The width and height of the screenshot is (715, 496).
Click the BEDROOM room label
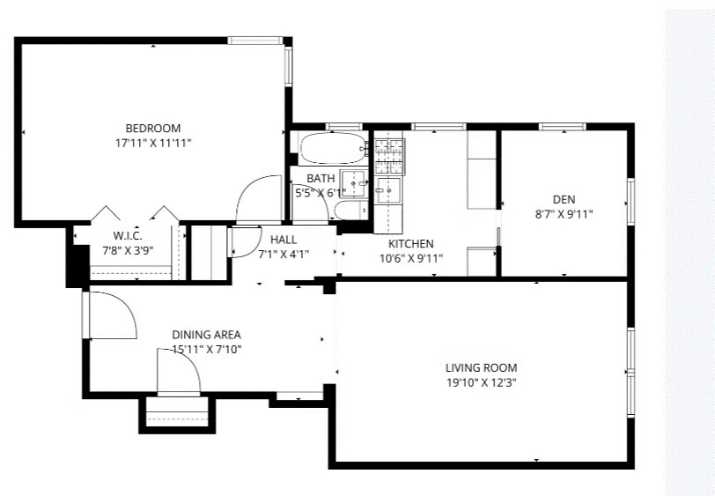[x=152, y=127]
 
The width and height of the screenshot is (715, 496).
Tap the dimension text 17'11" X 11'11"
[x=152, y=142]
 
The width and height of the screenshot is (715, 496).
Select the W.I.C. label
[x=128, y=235]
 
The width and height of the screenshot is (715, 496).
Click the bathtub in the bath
[x=331, y=150]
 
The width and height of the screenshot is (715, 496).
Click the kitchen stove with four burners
[x=388, y=155]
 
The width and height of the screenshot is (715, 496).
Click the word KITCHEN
[x=410, y=244]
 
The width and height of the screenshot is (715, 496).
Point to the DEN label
[x=564, y=199]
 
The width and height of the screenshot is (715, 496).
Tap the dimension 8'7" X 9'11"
[x=564, y=213]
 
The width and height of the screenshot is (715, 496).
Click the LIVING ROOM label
[x=481, y=368]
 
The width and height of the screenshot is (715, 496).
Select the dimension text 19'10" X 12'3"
[x=481, y=383]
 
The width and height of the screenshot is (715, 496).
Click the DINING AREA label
[x=206, y=335]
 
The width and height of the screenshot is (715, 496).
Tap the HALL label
[x=284, y=240]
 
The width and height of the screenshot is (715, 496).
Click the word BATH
[x=321, y=179]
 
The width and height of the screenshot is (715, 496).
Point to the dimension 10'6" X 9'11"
[x=410, y=258]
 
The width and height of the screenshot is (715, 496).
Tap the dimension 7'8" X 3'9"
[x=128, y=249]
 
